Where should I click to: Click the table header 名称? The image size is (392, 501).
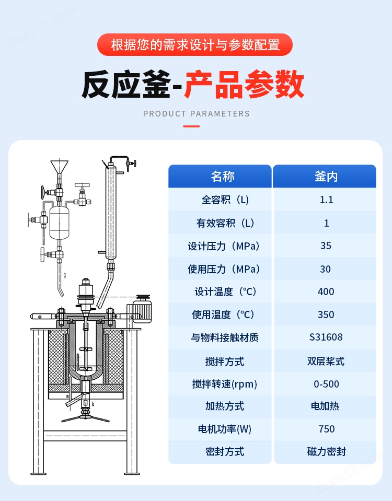(x=223, y=177)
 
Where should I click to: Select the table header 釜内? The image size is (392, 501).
(x=326, y=177)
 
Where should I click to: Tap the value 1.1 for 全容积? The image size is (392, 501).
(x=326, y=200)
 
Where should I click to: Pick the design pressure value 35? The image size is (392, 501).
(x=326, y=246)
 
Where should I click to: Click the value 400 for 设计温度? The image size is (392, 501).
(x=326, y=292)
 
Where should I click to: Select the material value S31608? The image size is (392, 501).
(x=326, y=337)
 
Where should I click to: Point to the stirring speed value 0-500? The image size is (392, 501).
(x=326, y=384)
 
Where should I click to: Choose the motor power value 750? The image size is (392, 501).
(x=326, y=429)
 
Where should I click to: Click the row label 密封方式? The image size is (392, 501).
(x=225, y=451)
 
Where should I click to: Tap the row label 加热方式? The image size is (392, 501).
(x=225, y=406)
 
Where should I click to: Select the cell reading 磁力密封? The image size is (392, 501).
(x=326, y=451)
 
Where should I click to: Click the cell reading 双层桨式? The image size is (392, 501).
(x=326, y=362)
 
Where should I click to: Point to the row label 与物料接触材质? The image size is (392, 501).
(x=225, y=337)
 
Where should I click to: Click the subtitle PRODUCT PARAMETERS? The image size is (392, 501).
(x=197, y=114)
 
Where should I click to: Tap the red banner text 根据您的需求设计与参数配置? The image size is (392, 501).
(x=195, y=45)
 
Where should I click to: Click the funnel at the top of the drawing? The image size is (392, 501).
(x=59, y=167)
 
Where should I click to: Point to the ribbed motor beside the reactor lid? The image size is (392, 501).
(x=141, y=307)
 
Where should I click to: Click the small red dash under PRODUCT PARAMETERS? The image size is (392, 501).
(x=191, y=126)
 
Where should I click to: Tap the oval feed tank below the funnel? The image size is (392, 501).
(x=60, y=223)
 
